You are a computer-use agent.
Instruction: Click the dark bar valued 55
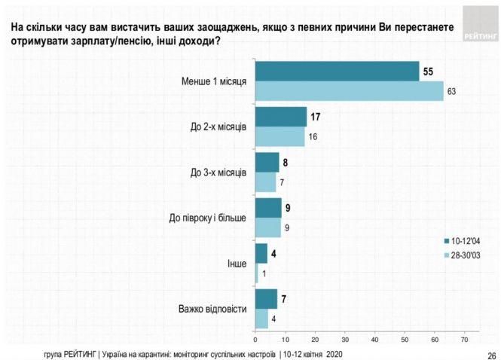pyautogui.click(x=337, y=70)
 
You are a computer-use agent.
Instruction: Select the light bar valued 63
pyautogui.click(x=350, y=90)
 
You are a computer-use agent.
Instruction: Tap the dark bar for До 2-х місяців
pyautogui.click(x=281, y=117)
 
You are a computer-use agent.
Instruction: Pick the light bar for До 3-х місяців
pyautogui.click(x=266, y=183)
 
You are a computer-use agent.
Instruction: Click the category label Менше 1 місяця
pyautogui.click(x=214, y=81)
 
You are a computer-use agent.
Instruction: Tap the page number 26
pyautogui.click(x=490, y=354)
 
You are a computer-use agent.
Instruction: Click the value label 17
pyautogui.click(x=315, y=117)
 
